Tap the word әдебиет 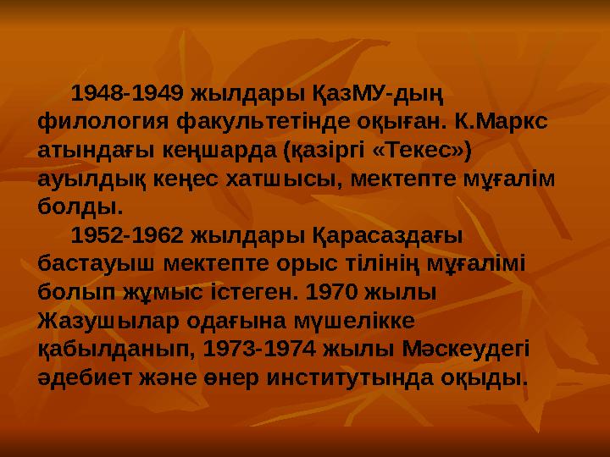point(83,377)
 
